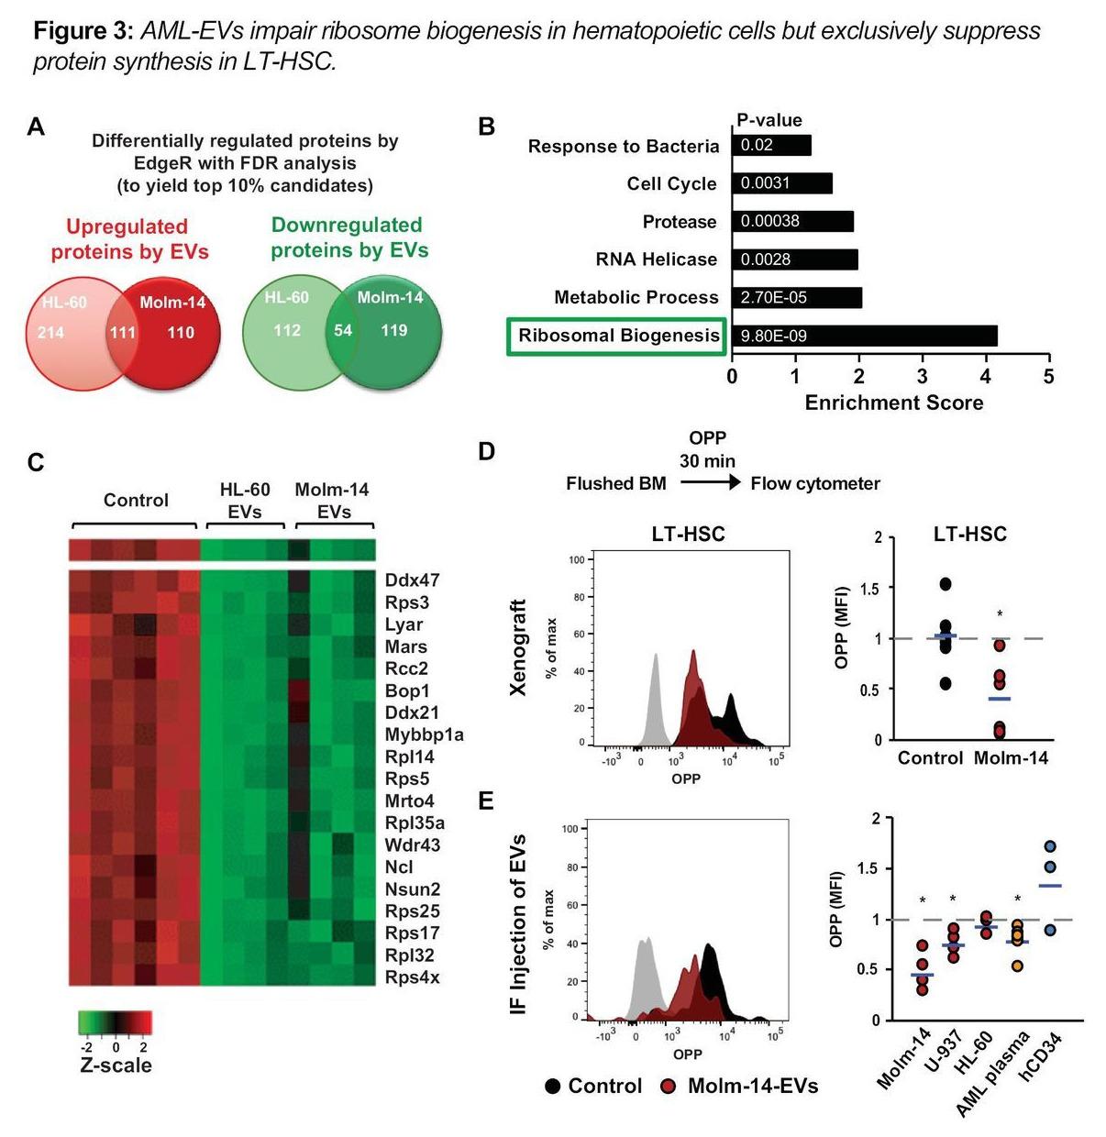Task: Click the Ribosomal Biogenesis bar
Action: (x=864, y=336)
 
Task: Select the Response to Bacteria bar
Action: (x=771, y=146)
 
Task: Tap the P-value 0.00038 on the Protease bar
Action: (x=770, y=221)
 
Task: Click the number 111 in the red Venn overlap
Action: (x=123, y=332)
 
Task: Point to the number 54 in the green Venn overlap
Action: (x=343, y=330)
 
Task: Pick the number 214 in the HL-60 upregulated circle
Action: (x=50, y=332)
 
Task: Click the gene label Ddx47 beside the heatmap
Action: (x=412, y=580)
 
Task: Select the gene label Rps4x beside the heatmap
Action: (x=412, y=977)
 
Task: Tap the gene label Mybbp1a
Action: (x=424, y=734)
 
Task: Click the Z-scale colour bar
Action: (x=115, y=1022)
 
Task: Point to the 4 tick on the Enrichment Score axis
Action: (x=986, y=377)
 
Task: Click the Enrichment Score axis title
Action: (x=893, y=403)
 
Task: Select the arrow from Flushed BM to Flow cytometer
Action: (x=708, y=482)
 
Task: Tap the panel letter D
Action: (x=487, y=451)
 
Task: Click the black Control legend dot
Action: (x=553, y=1087)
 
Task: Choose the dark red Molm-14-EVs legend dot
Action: (x=669, y=1087)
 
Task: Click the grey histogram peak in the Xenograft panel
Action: (x=656, y=657)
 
